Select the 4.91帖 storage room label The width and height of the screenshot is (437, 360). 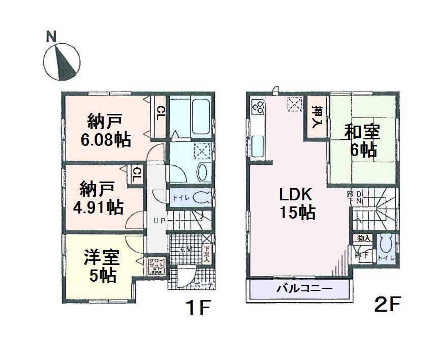pos(101,198)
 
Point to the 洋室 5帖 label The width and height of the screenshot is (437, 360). pos(101,266)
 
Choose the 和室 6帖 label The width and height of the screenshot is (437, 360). pos(362,140)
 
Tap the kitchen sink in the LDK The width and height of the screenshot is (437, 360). pos(257,145)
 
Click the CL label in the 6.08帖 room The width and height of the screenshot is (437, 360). pos(160,112)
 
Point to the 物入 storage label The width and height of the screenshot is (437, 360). pos(363,237)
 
